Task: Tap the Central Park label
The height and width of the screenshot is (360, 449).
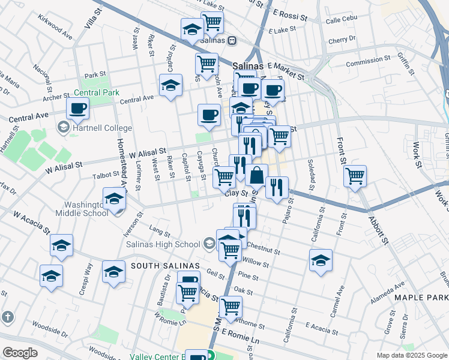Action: coord(96,93)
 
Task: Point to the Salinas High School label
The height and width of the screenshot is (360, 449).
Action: coord(163,244)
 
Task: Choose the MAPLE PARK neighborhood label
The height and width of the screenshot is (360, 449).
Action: coord(420,297)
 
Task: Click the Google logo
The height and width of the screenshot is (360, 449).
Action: coord(20,353)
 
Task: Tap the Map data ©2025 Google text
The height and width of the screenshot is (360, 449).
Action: coord(412,355)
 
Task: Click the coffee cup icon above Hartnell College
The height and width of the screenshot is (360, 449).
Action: coord(78,108)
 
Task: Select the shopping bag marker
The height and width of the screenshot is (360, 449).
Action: coord(256,175)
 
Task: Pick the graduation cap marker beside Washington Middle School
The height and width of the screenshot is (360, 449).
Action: coord(114,199)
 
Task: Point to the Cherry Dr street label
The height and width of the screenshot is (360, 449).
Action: coord(342,40)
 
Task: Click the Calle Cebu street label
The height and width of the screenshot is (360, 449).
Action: coord(341,20)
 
